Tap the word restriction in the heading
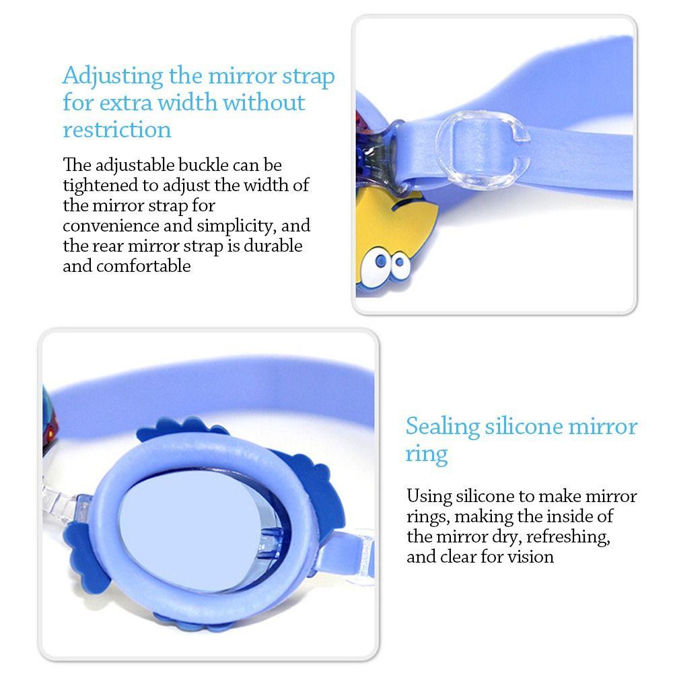coord(117,129)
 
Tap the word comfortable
coord(143,267)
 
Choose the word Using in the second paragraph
coord(429,497)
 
